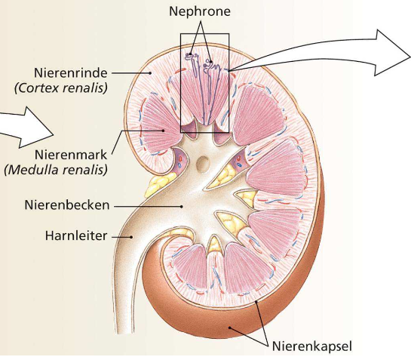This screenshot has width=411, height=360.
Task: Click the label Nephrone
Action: click(200, 11)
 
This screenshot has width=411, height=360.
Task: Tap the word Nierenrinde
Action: click(71, 73)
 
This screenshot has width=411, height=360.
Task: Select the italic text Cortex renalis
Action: click(61, 88)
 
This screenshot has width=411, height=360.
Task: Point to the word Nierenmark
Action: click(71, 155)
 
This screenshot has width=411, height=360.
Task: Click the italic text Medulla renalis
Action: click(56, 170)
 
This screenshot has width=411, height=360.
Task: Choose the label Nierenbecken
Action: click(67, 205)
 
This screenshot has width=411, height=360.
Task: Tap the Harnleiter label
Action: click(76, 235)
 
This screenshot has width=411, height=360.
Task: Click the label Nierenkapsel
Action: click(312, 346)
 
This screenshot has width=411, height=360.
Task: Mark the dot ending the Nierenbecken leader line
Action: click(182, 207)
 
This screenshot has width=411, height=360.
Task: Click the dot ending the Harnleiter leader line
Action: click(131, 237)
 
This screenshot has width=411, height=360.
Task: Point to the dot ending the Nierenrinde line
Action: click(150, 73)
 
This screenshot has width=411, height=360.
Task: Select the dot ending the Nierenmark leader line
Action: click(163, 131)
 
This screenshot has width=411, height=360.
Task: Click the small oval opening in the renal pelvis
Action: click(203, 165)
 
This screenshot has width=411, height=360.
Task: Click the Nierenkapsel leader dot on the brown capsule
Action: click(229, 328)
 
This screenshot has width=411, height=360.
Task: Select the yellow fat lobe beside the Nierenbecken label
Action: click(159, 185)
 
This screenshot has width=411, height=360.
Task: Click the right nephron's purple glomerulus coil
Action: click(208, 63)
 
